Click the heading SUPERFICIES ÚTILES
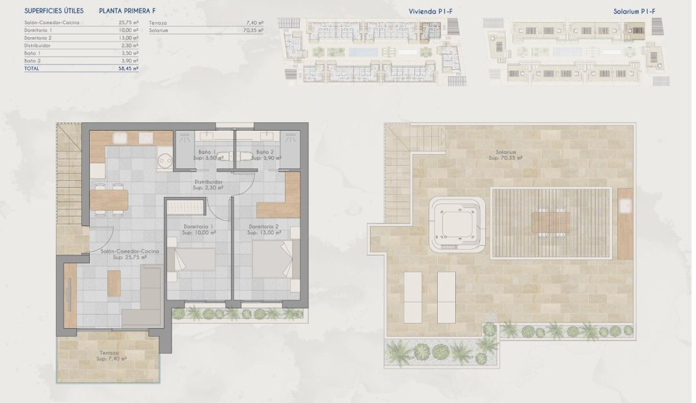55,11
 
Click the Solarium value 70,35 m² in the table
253,30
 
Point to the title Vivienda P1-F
431,11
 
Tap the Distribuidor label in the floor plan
208,185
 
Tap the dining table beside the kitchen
109,200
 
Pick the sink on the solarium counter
626,206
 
